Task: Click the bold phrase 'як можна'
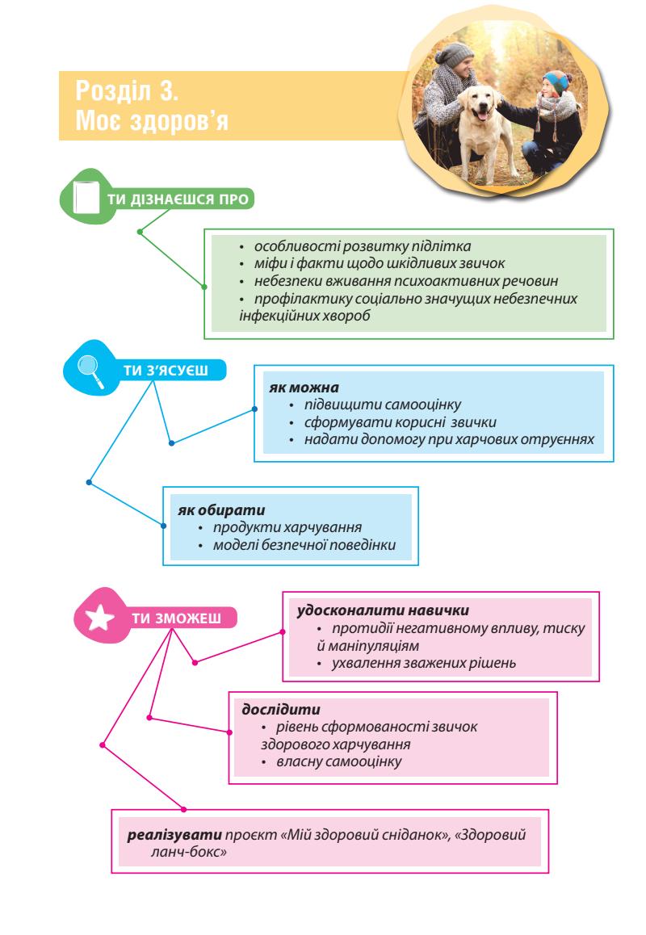(292, 388)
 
